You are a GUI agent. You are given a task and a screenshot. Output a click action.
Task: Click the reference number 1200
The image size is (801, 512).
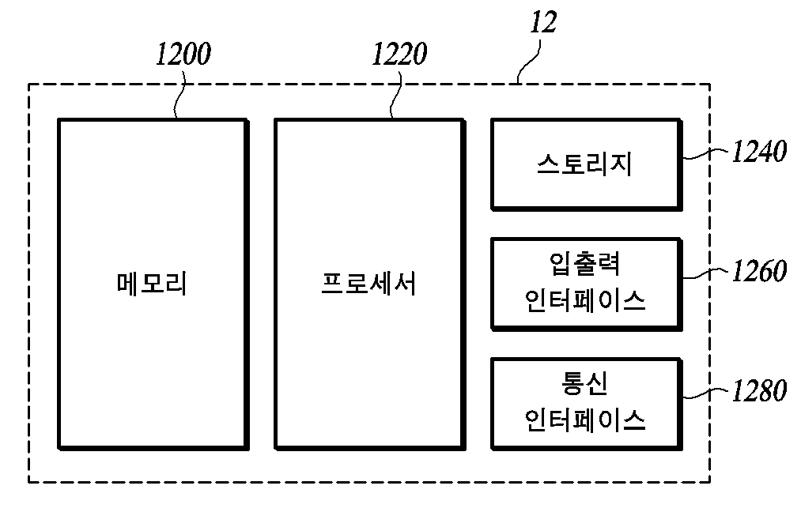tap(183, 54)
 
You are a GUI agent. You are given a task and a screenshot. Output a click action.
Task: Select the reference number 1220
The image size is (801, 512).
tap(399, 54)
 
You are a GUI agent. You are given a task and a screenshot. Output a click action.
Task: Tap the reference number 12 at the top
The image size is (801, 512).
tap(543, 22)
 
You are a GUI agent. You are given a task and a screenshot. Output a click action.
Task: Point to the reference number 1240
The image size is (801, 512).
tap(760, 152)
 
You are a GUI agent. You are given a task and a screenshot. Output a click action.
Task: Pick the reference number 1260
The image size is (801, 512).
tap(760, 271)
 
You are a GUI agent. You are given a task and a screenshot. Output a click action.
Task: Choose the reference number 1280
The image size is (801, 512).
tap(760, 391)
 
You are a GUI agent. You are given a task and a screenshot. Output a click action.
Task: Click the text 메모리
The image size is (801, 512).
tap(152, 284)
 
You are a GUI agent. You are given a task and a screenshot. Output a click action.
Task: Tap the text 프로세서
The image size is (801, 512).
tap(368, 284)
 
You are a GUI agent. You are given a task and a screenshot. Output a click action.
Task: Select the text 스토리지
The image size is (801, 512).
tap(584, 164)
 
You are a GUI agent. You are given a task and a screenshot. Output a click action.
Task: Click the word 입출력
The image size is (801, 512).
tap(585, 264)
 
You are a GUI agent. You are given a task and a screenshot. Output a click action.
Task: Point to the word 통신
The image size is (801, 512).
tap(585, 384)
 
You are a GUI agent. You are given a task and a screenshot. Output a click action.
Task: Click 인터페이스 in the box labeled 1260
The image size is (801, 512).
tap(585, 300)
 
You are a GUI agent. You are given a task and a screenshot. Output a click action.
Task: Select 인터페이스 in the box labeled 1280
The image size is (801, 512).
tap(585, 420)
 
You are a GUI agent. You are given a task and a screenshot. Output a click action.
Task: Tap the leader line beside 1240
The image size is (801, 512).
tap(706, 154)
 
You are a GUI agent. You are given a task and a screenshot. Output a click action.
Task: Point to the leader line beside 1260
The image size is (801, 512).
tap(706, 273)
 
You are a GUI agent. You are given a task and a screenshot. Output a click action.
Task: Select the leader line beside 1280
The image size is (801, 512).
tap(706, 393)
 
